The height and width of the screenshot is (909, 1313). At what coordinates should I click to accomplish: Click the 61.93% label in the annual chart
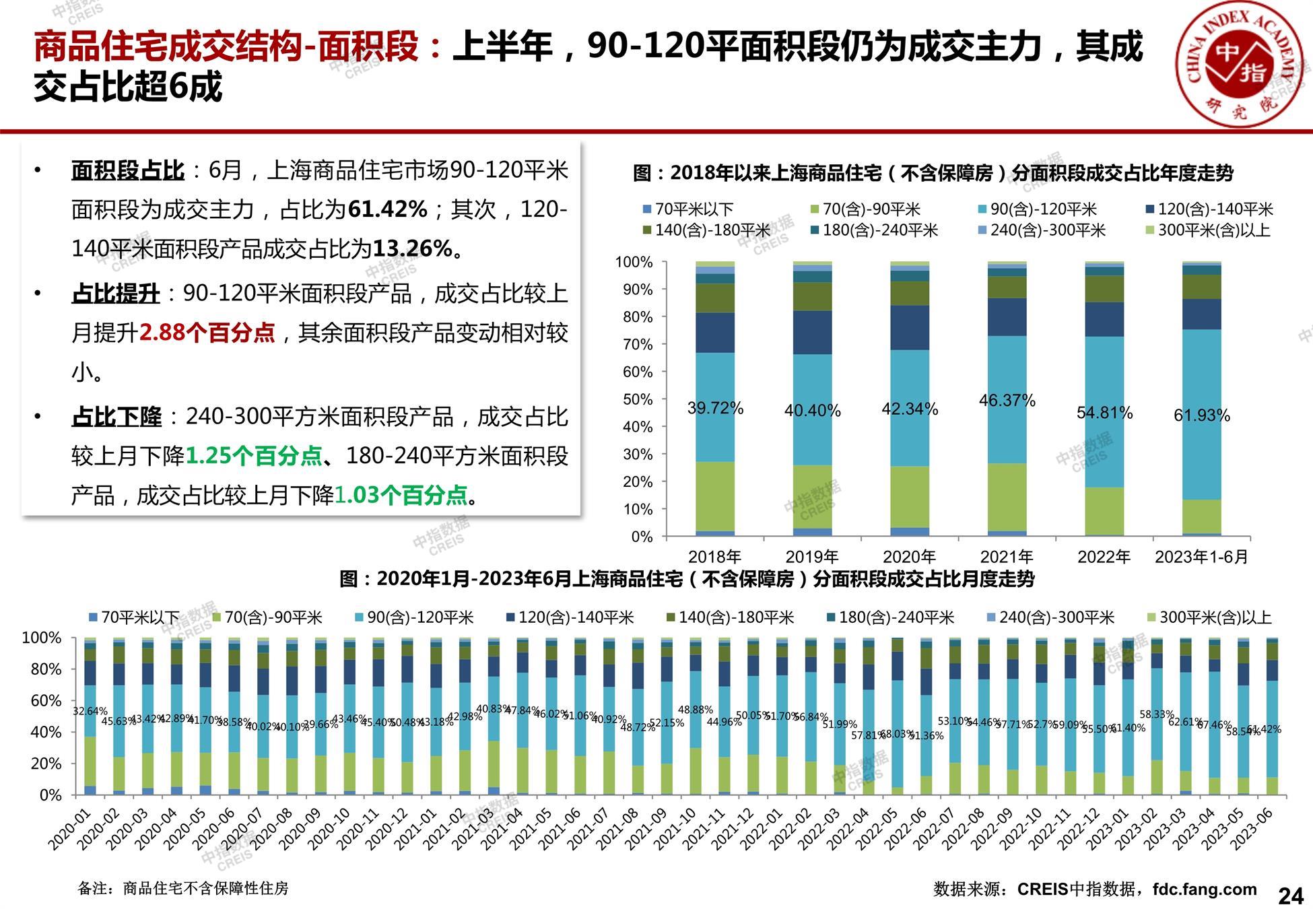pyautogui.click(x=1202, y=415)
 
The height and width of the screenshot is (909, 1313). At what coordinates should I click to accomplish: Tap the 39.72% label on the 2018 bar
pyautogui.click(x=715, y=408)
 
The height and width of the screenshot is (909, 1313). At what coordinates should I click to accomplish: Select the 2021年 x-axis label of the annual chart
pyautogui.click(x=1007, y=557)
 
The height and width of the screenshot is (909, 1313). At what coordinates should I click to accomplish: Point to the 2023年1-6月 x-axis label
pyautogui.click(x=1202, y=557)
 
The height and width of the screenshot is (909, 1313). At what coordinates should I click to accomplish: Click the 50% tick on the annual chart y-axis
pyautogui.click(x=637, y=399)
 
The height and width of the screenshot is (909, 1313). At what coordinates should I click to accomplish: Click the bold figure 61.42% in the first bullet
pyautogui.click(x=388, y=209)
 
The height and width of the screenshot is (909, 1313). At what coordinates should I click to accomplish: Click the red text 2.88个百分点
pyautogui.click(x=207, y=333)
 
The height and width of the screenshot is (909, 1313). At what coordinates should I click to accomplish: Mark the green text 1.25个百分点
pyautogui.click(x=253, y=456)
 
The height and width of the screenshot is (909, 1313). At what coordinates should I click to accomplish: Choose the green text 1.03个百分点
pyautogui.click(x=401, y=496)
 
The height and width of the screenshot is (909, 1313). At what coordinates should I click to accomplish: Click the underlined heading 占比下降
pyautogui.click(x=116, y=417)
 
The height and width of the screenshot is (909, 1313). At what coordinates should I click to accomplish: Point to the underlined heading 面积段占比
pyautogui.click(x=128, y=170)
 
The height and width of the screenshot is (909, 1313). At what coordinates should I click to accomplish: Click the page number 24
pyautogui.click(x=1290, y=896)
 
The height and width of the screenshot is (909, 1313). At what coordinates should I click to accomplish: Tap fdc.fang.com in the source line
pyautogui.click(x=1205, y=889)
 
